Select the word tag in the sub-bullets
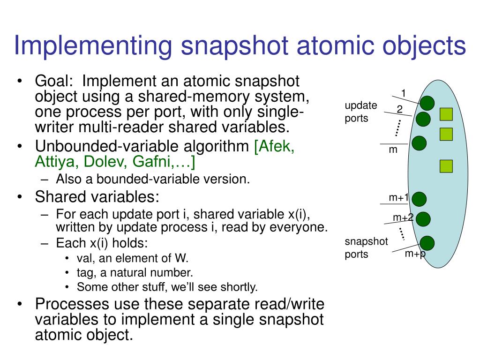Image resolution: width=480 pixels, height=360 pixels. point(85,272)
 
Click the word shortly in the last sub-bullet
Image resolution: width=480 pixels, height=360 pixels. point(240,286)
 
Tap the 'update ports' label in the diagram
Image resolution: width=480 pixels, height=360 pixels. point(360,112)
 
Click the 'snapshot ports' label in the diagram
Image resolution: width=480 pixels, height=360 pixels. point(366,248)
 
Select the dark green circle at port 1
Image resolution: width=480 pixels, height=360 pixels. point(427,103)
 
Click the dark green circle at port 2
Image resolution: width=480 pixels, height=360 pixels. point(423,119)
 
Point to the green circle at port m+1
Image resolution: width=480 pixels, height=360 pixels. point(419,199)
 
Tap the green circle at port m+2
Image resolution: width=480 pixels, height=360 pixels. point(423,219)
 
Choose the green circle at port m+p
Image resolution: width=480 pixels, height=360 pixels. point(427,243)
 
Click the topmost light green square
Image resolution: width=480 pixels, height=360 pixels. point(446,114)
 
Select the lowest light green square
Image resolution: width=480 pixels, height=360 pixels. point(446,165)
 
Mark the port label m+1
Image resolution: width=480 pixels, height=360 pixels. point(399,198)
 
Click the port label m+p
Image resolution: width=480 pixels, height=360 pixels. point(414,254)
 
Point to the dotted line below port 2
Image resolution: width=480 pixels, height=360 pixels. point(398,127)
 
